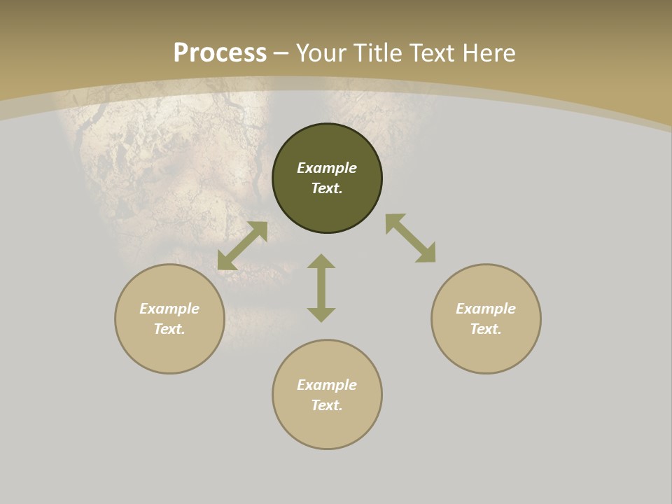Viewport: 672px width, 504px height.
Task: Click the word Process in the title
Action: [x=220, y=53]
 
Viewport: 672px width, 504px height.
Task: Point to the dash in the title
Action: [x=281, y=54]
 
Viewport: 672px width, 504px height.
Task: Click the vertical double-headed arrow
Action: [x=321, y=288]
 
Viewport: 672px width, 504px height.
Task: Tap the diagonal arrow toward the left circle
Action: [x=242, y=246]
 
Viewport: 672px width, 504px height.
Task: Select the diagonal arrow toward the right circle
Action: [x=411, y=238]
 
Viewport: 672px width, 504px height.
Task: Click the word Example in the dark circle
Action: [x=327, y=168]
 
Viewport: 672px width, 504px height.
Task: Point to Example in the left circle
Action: [x=169, y=309]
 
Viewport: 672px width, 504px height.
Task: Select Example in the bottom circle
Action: [x=327, y=385]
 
